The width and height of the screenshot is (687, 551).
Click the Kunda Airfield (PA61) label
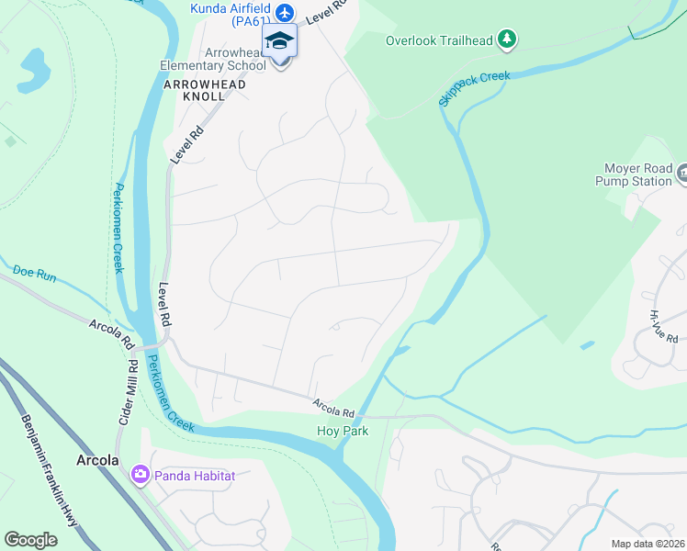tap(230, 9)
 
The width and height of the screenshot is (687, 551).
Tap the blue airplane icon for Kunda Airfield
tap(285, 13)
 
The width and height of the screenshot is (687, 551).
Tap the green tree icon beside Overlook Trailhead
tap(506, 39)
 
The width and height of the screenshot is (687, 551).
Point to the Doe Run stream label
tap(35, 272)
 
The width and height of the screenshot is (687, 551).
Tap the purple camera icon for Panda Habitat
tap(140, 475)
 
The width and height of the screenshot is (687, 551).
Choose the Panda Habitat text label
tap(195, 476)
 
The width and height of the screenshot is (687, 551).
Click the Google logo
tap(31, 540)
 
